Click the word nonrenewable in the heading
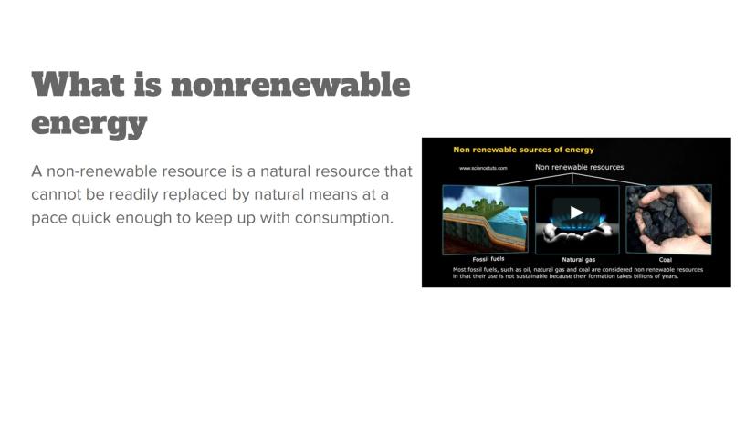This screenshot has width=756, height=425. coord(290,84)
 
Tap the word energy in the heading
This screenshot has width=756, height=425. coord(89,124)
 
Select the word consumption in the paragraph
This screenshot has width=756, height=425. coord(344,218)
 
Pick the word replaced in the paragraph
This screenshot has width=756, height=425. coord(193,194)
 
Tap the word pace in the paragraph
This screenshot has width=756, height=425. coord(49,218)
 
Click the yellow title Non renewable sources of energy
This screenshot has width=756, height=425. coord(523,150)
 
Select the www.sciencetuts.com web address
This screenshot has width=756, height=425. coord(483,168)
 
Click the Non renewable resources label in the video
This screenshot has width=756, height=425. coord(580,167)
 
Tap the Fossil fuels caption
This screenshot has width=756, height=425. coord(488,259)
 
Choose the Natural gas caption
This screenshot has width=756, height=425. coord(579,259)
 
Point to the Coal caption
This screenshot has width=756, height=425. coord(666,260)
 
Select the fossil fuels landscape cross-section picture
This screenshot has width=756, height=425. coord(486,220)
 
